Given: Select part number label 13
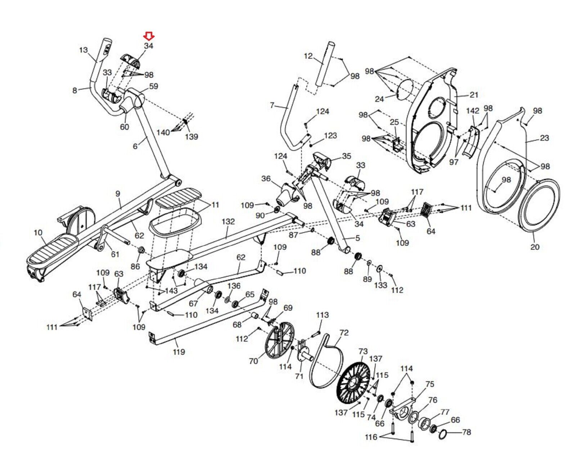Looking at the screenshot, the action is coord(84,50).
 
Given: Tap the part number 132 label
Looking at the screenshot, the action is coord(228,222).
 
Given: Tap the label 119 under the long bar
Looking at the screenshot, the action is coord(179,351).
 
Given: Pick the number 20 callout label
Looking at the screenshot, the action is coord(535,247).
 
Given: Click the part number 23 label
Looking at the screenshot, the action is coord(544,138).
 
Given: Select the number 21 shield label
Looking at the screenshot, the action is coord(474,95).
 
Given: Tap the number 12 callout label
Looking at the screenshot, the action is coord(309,56).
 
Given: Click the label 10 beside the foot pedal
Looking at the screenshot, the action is coord(38,232).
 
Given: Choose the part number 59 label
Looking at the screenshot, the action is coord(153,86).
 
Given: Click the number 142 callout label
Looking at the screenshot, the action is coord(473,111).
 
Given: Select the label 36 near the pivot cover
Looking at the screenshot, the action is coord(266,178).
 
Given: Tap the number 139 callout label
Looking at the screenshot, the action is coord(192,136).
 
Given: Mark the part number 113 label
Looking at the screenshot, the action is coord(322,315).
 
